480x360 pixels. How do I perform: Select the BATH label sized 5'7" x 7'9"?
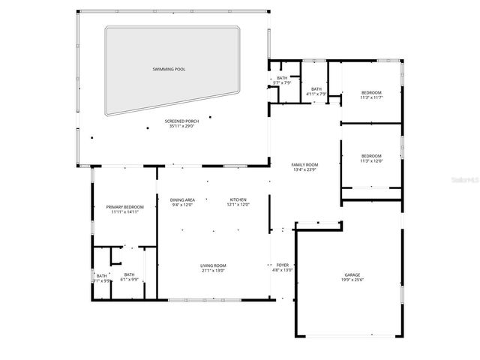[x=282, y=78]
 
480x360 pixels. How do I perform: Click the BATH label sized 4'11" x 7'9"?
[x=317, y=90]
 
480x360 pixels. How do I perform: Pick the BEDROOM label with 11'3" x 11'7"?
[x=371, y=92]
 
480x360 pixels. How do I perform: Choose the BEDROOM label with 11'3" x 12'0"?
[x=371, y=156]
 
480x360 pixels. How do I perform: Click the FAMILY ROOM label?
[x=304, y=164]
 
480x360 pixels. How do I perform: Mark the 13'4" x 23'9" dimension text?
[x=304, y=169]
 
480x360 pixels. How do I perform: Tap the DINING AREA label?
[x=183, y=199]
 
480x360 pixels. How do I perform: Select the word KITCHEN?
[x=238, y=199]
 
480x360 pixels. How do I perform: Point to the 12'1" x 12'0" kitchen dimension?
[x=238, y=205]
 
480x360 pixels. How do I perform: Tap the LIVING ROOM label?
[x=213, y=265]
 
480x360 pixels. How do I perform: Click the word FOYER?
[x=282, y=265]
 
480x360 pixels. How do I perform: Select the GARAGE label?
[x=352, y=275]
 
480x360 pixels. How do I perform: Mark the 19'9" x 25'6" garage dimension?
[x=352, y=280]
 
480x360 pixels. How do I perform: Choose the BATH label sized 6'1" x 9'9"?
[x=130, y=274]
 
